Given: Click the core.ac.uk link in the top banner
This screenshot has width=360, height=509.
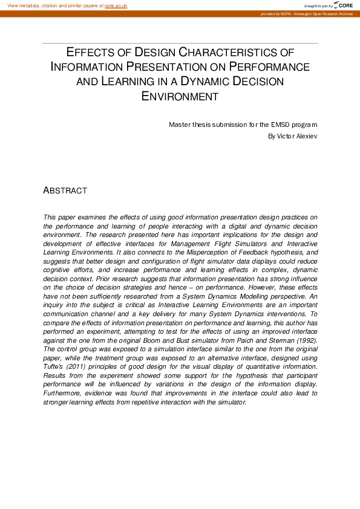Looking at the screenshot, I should click(x=116, y=5).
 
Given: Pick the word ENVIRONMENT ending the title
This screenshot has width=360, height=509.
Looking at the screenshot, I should click(x=180, y=96).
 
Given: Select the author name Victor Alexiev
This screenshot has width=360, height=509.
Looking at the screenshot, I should click(x=293, y=136).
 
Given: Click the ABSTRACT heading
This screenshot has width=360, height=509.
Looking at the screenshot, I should click(x=65, y=190).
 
